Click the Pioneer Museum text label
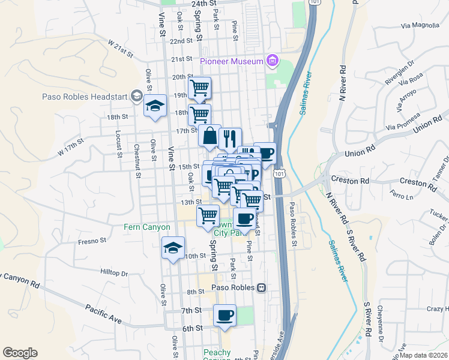[x=232, y=61]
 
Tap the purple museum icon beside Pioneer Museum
[x=273, y=61]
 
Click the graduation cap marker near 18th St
[x=155, y=106]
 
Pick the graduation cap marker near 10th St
[x=173, y=247]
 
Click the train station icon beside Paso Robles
[x=262, y=288]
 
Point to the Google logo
[x=20, y=353]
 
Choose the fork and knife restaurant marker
[x=230, y=138]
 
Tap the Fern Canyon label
[x=147, y=227]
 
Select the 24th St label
[x=203, y=3]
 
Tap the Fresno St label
[x=92, y=241]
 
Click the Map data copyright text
[x=424, y=355]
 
